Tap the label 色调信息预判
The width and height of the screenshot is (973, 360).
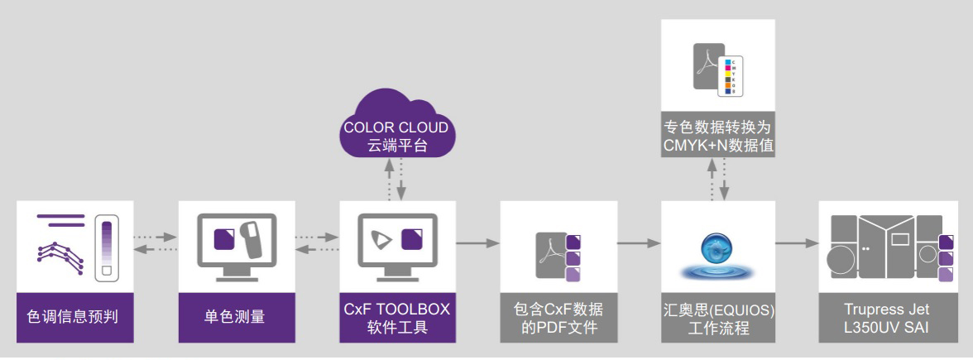[x=74, y=317]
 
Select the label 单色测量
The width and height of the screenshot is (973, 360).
[x=235, y=317]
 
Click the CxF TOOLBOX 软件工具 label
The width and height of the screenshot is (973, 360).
[x=397, y=317]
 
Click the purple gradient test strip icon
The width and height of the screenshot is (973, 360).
[x=105, y=246]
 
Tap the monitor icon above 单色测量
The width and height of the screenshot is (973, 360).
[x=235, y=246]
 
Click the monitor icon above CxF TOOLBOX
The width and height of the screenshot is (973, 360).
[x=397, y=246]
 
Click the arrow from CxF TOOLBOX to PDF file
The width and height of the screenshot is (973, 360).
[x=477, y=242]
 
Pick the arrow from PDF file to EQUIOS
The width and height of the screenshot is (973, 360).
[x=640, y=242]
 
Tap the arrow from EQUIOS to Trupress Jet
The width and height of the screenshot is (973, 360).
[x=796, y=242]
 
